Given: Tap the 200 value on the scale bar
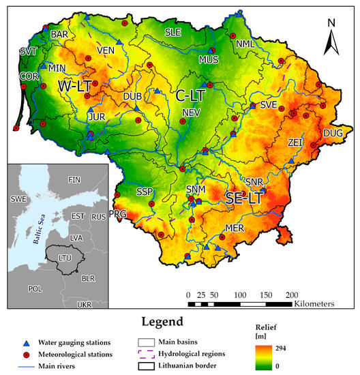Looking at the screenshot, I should [291, 295].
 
